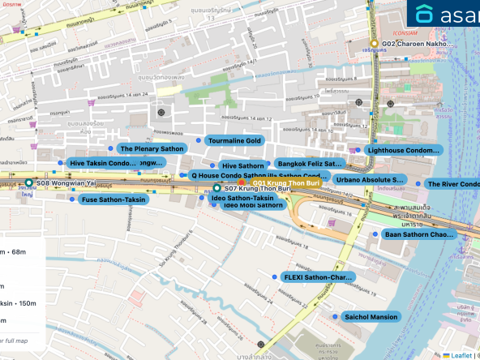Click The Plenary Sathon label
point(152,149)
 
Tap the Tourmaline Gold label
point(234,140)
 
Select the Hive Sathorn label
point(243,165)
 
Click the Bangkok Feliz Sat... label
point(311,164)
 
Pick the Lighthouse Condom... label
point(403,150)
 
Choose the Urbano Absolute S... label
point(370,179)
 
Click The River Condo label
point(452,184)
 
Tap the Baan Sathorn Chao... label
point(419,234)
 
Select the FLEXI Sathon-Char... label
point(319,276)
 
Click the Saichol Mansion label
point(370,316)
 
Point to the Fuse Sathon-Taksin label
point(113,199)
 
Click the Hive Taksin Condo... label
point(103,163)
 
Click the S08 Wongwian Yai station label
point(66,184)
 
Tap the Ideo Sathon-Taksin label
point(242,198)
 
